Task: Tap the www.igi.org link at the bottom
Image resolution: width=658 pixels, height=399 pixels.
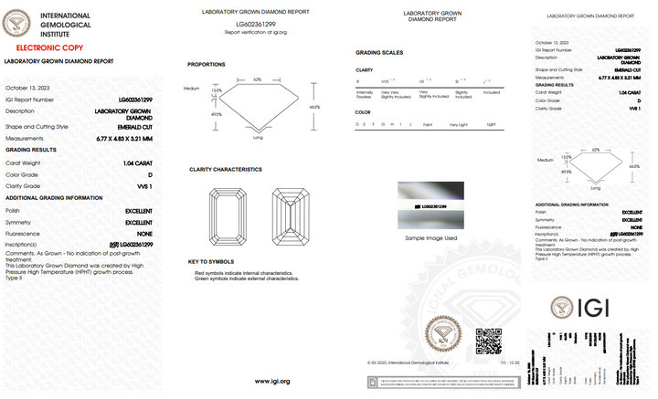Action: (x=272, y=382)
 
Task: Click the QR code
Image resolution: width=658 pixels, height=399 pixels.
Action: (x=489, y=341)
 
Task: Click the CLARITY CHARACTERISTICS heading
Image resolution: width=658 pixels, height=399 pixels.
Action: (x=226, y=170)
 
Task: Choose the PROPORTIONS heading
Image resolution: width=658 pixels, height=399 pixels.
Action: (x=207, y=65)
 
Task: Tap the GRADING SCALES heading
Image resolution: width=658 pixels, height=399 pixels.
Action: (x=378, y=53)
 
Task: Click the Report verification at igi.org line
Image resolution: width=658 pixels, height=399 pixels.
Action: (x=256, y=32)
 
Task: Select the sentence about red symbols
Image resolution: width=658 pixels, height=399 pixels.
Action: (x=243, y=273)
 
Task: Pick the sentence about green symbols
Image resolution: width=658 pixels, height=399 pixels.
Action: (x=246, y=278)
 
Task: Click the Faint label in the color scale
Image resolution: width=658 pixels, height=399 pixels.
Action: (x=427, y=123)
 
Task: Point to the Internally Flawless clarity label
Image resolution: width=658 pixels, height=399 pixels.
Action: (x=364, y=94)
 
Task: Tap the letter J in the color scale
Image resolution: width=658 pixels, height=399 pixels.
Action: (x=411, y=123)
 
